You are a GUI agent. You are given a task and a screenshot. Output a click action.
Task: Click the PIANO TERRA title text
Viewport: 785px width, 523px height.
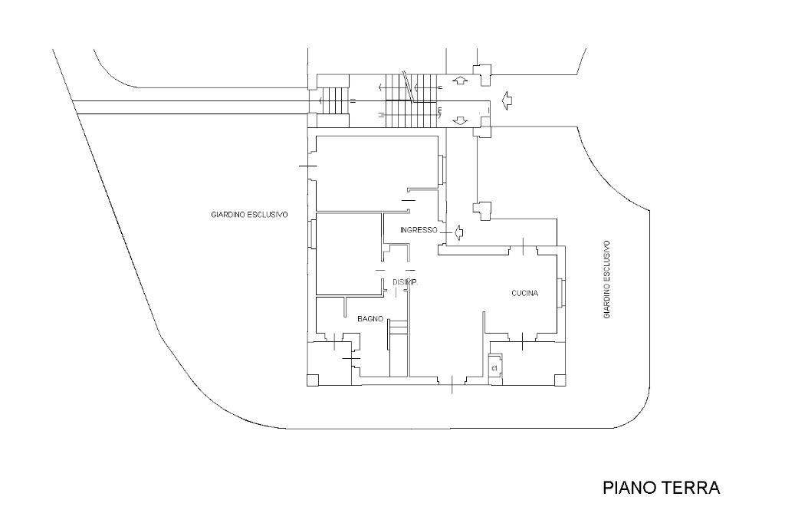coord(661,488)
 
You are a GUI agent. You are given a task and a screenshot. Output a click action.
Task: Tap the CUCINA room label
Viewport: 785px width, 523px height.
coord(525,294)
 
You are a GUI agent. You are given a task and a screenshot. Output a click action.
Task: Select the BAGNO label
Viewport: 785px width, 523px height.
coord(370,318)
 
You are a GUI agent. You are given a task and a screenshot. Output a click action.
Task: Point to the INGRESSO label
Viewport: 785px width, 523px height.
coord(419,230)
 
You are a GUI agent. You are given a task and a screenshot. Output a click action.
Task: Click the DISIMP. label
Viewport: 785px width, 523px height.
coord(405,283)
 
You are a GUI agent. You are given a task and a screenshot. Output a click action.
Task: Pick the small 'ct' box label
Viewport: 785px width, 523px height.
coord(495,368)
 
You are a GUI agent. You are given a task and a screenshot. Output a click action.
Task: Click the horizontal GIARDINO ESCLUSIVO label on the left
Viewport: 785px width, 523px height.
coord(249,215)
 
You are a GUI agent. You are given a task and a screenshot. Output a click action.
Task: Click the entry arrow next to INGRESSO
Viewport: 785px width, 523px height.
coord(458,231)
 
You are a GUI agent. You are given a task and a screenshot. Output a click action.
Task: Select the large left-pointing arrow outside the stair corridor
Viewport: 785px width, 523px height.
coord(505,98)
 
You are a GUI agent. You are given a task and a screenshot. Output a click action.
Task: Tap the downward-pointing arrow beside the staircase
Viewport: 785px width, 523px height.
coord(460,120)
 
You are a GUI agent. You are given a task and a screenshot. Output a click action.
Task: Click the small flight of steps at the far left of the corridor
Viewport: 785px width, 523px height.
coord(333,100)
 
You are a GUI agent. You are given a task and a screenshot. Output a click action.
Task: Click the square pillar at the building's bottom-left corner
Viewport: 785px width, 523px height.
coord(312,380)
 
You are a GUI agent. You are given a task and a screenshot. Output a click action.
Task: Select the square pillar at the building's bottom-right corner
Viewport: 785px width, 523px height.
coord(559,380)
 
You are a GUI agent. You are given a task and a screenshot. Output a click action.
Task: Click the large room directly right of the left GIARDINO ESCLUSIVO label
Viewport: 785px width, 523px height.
coord(376,173)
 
